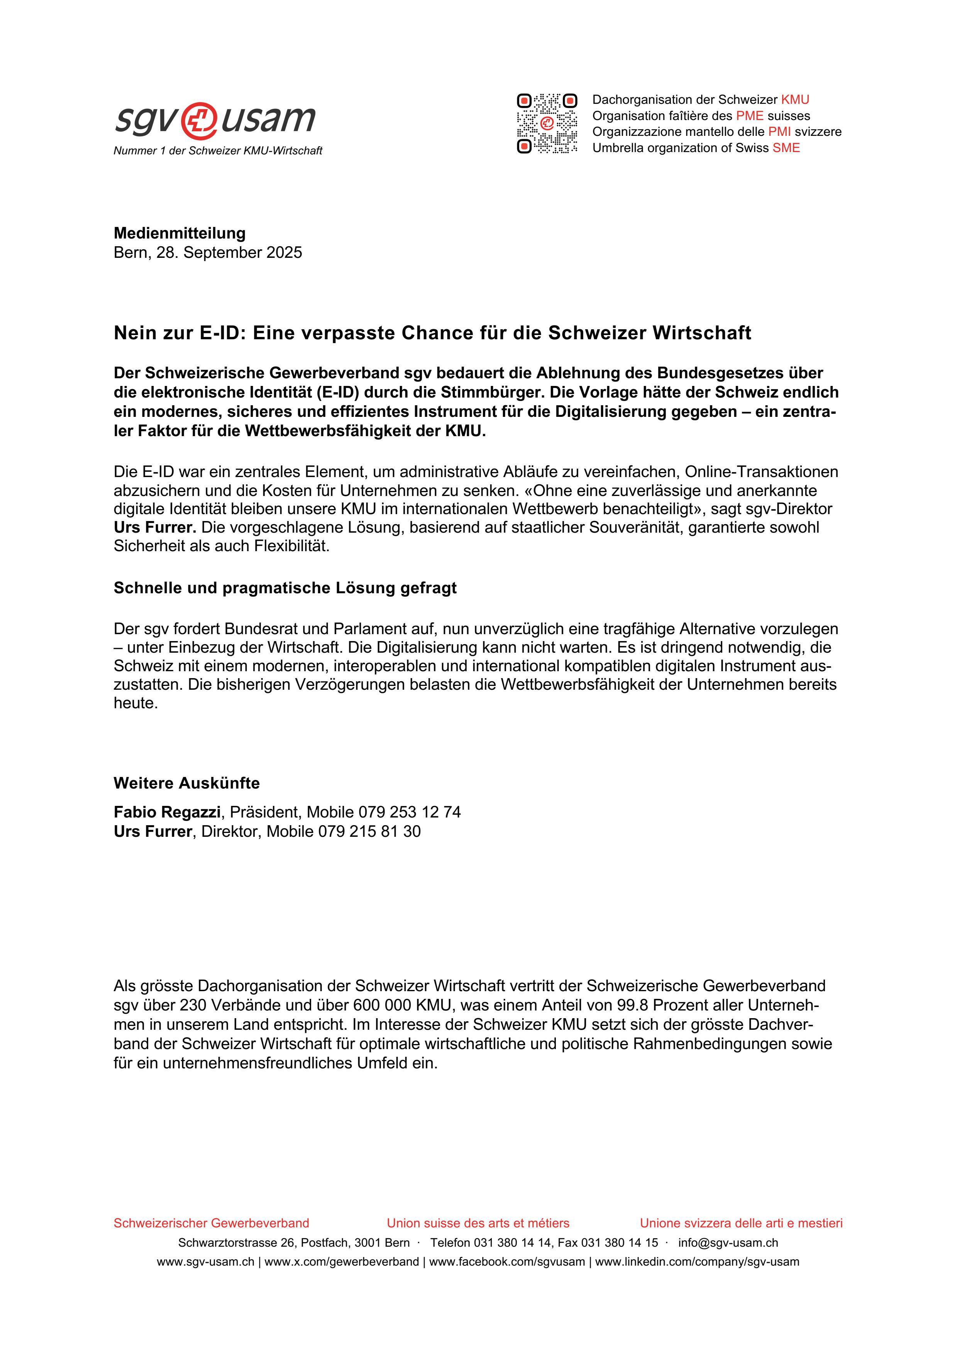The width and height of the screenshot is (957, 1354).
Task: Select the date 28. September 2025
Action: [x=229, y=252]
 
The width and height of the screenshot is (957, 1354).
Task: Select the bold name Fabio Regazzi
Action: [x=167, y=812]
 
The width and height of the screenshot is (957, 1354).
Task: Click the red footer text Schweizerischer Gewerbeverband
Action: [x=211, y=1223]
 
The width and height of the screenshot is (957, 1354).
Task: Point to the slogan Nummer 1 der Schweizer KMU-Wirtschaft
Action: [x=218, y=151]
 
